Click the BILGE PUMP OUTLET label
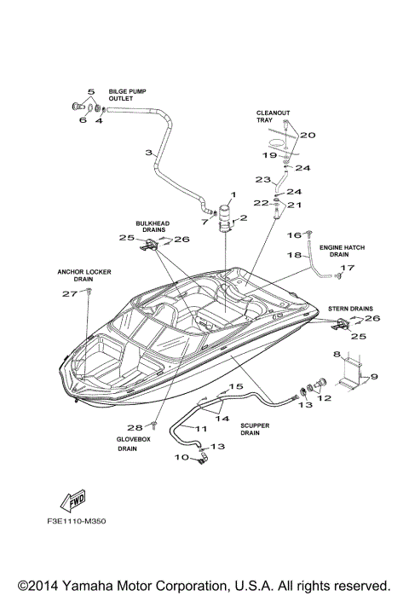coord(125,94)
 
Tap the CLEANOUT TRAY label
coord(269,116)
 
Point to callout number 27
coord(69,293)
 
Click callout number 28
coord(135,427)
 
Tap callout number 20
coord(308,135)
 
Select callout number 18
coord(293,255)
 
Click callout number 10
coord(180,457)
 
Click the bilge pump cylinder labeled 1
coord(227,217)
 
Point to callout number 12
coord(323,397)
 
